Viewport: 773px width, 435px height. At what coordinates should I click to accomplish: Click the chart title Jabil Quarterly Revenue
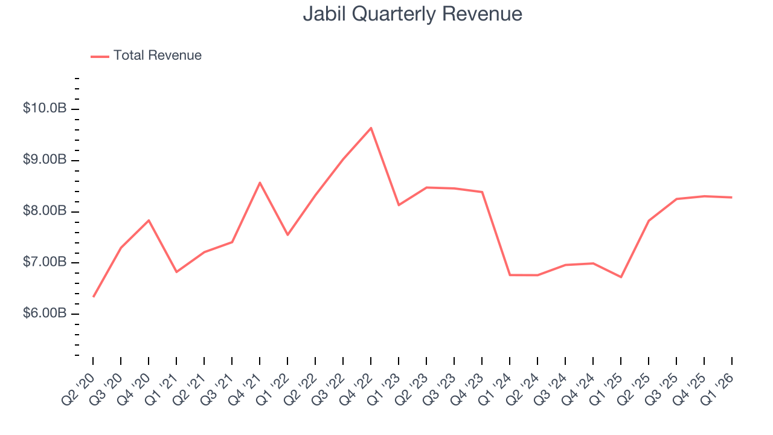412,14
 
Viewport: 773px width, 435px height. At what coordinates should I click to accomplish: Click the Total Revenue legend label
157,56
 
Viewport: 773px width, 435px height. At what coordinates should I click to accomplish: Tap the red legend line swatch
100,56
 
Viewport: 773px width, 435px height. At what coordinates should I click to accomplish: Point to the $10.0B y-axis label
44,109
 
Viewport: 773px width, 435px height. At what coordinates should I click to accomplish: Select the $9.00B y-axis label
44,160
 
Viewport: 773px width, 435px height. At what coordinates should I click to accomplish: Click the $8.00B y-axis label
44,211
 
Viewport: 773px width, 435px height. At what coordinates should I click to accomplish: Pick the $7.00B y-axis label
44,262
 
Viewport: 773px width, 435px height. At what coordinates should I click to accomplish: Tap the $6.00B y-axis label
44,314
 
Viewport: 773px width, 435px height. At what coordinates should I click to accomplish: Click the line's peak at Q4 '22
371,127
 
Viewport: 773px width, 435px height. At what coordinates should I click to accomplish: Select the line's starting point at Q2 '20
94,297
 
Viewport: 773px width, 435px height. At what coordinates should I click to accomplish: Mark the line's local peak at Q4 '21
260,182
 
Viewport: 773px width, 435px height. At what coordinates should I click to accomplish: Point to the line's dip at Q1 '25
621,277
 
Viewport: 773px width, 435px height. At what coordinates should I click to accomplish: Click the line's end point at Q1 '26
731,197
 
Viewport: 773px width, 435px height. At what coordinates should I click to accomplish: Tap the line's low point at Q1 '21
176,272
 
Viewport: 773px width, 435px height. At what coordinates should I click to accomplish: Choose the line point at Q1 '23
399,205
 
